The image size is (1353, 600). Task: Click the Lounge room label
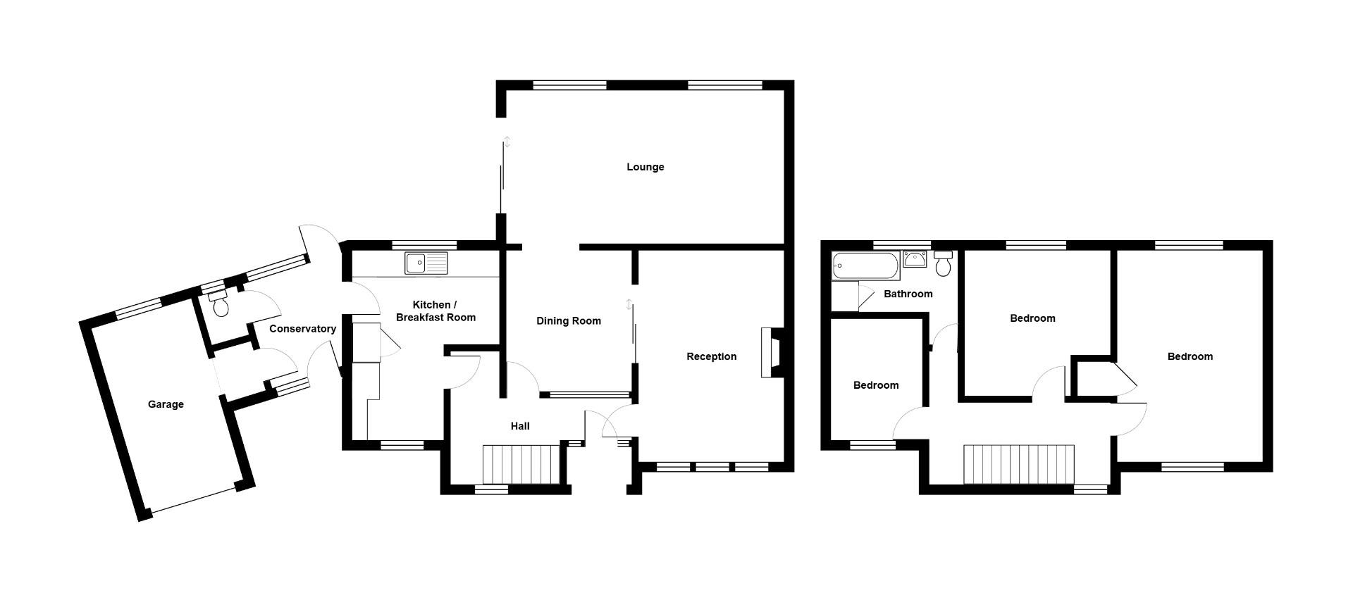[x=645, y=167]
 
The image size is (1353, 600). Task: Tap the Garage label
[x=166, y=404]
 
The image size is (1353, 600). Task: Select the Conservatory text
[x=302, y=329]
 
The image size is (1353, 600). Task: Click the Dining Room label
[x=569, y=321]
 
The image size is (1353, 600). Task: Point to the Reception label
[x=711, y=356]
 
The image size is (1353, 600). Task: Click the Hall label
[x=520, y=426]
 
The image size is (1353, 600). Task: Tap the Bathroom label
[x=908, y=294]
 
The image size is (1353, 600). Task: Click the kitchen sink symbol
[x=426, y=263]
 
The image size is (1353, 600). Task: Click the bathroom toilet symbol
[x=943, y=264]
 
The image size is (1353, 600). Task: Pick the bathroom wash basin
[x=915, y=259]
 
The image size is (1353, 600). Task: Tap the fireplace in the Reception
[x=771, y=353]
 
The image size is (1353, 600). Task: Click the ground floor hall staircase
[x=521, y=464]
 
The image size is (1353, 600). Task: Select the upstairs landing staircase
[x=1018, y=464]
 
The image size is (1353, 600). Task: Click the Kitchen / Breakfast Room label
[x=435, y=311]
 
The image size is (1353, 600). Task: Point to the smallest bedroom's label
[x=875, y=385]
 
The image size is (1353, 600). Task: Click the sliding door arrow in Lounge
[x=507, y=142]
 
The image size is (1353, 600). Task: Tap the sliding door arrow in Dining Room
[x=629, y=304]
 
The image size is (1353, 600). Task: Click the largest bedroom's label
[x=1190, y=356]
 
